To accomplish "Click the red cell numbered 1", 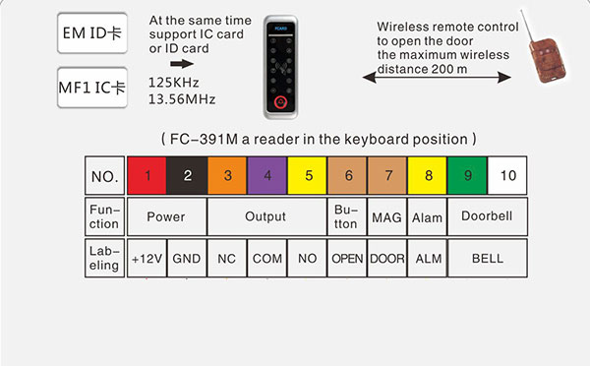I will (147, 176).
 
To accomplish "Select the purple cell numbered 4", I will (266, 176).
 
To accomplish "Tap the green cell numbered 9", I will (467, 176).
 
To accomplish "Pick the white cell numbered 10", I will (507, 176).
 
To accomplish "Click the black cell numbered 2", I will (187, 176).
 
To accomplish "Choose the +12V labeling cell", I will (147, 259).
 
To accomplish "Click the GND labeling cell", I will (187, 259).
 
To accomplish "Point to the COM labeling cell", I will (266, 259).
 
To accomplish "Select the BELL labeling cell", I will (487, 259).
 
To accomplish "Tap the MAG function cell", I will (386, 216).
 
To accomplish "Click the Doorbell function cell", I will (487, 216).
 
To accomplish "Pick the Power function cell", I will (166, 216).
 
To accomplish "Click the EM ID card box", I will (92, 33).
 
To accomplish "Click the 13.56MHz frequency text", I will (181, 99).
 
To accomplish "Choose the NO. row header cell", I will (104, 177).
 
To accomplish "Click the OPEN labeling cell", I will (346, 259).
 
